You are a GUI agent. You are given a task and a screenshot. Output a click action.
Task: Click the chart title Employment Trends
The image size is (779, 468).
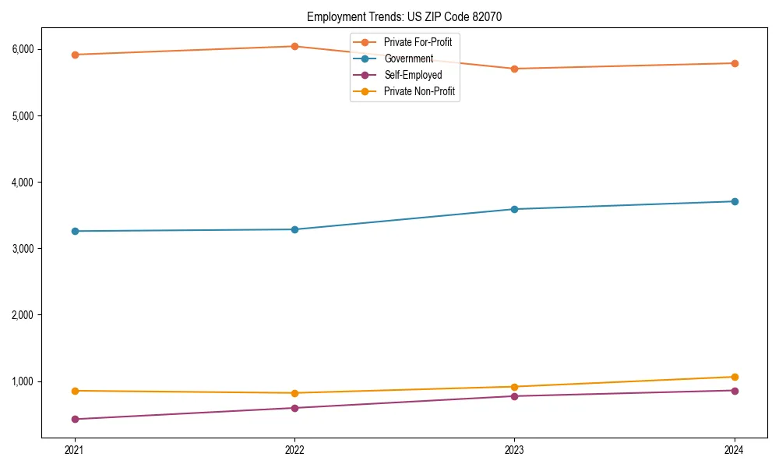[x=410, y=16]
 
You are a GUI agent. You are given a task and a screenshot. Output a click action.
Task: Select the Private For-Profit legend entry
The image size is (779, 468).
[x=418, y=42]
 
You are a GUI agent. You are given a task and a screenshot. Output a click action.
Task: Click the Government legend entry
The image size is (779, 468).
[x=408, y=58]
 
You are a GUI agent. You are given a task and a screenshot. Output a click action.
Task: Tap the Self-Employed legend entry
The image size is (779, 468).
[x=413, y=75]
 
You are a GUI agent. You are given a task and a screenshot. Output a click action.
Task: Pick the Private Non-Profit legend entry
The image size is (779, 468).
[x=419, y=91]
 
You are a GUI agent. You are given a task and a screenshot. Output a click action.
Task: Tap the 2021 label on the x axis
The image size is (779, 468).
[x=75, y=450]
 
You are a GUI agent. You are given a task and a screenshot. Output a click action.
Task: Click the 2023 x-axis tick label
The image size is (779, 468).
[x=514, y=450]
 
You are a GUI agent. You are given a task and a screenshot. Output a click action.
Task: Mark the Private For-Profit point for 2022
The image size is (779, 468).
[x=294, y=46]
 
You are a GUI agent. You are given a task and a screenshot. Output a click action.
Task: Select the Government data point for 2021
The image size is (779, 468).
[x=75, y=231]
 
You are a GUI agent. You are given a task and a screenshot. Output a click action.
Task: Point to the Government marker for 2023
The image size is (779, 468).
[x=514, y=209]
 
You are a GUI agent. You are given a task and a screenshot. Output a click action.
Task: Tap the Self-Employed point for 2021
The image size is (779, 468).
[x=75, y=419]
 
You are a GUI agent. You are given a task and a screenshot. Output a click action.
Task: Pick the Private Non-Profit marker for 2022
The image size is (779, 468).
[x=294, y=393]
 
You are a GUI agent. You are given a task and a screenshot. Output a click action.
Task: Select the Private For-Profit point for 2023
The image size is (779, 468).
[x=514, y=69]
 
